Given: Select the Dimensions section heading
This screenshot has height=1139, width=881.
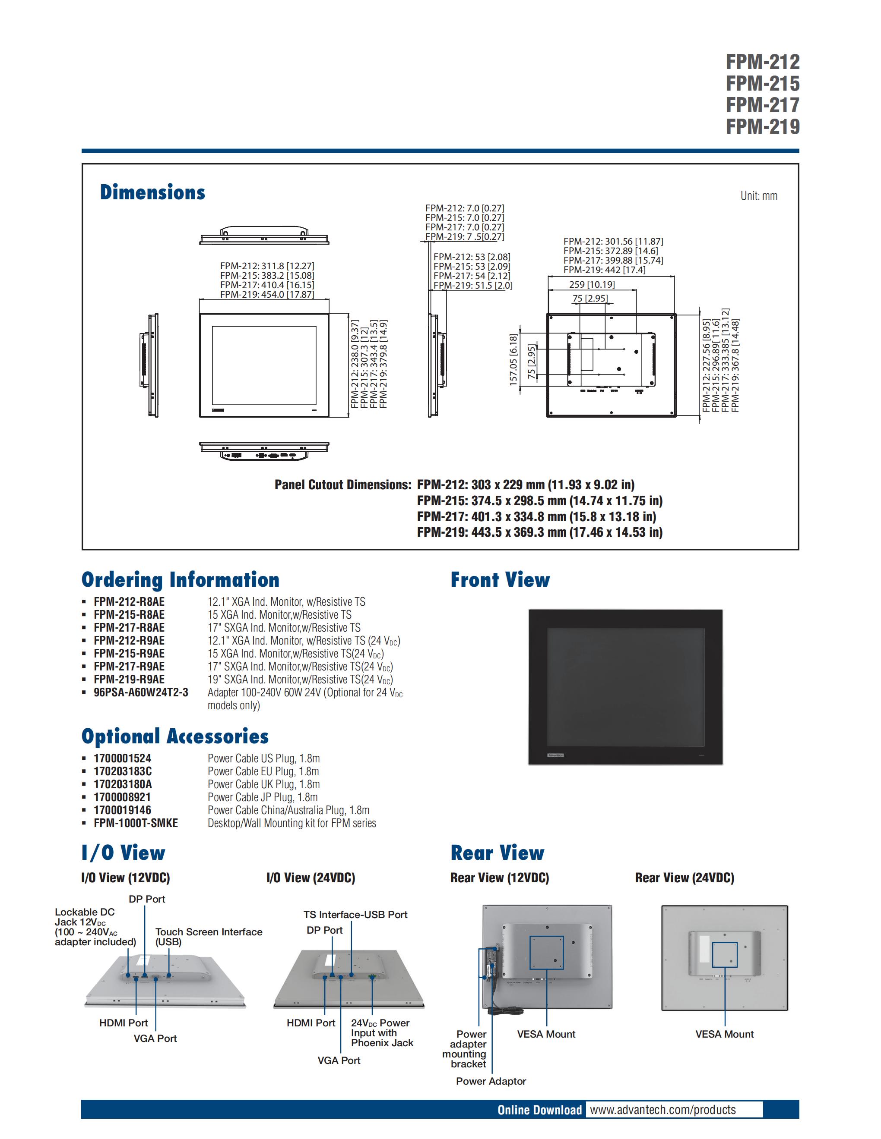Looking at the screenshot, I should coord(152,192).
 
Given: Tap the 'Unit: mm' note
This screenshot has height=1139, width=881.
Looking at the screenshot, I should coord(758,196).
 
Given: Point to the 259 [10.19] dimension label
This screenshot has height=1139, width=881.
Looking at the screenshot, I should coord(592,284).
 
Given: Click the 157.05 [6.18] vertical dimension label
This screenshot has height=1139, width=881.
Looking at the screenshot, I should coord(513,360).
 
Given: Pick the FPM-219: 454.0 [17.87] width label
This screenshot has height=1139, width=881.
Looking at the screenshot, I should coord(267,295).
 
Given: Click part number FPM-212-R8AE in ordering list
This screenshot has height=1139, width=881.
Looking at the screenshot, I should coord(129,602).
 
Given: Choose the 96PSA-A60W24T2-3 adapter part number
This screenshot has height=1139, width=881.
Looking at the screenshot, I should coord(141,692).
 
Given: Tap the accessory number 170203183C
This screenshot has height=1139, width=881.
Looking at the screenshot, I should coord(123,771).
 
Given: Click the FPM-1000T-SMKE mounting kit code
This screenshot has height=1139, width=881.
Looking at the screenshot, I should coord(136,823).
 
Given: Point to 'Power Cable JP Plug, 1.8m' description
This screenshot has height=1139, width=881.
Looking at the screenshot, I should coord(263,797).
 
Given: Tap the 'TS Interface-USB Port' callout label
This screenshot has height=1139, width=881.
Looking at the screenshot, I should coord(355,914).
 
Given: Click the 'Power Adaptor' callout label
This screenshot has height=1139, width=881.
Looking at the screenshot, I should coord(491,1081).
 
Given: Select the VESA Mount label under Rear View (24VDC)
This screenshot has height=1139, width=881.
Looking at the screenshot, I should coord(724,1034).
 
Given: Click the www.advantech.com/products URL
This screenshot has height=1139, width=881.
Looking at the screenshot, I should coord(662,1110).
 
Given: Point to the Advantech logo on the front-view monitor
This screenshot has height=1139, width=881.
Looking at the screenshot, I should coord(555,755).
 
